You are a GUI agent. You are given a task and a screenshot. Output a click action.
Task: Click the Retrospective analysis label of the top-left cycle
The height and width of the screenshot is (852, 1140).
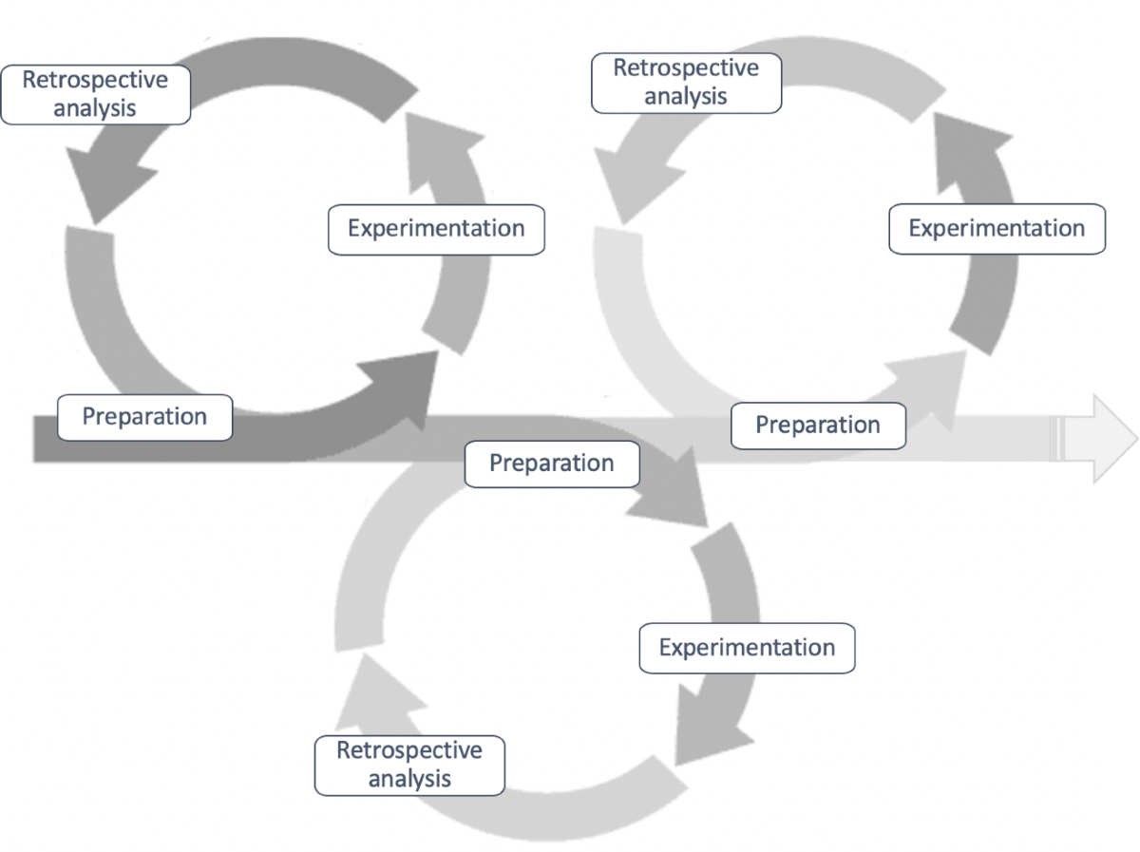click(95, 94)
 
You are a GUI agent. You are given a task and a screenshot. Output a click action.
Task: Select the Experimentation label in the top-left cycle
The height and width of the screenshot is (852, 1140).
click(436, 229)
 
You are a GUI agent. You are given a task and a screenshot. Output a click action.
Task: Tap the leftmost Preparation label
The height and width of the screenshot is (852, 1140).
click(144, 417)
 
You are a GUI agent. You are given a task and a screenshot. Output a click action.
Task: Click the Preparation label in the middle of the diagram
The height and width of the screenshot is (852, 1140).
click(551, 464)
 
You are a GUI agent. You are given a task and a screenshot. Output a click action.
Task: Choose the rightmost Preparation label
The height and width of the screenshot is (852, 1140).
click(817, 425)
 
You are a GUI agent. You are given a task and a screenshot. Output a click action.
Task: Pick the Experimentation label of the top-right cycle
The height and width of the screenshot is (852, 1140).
click(997, 229)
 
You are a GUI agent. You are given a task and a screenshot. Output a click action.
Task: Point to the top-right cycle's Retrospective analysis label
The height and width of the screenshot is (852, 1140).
click(686, 83)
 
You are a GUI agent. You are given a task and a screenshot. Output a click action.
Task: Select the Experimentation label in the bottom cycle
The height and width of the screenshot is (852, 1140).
click(747, 648)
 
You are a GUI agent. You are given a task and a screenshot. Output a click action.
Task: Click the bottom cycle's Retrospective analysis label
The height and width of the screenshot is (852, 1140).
click(409, 766)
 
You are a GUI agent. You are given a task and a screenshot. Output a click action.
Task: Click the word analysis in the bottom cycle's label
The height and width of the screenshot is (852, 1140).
click(409, 779)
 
